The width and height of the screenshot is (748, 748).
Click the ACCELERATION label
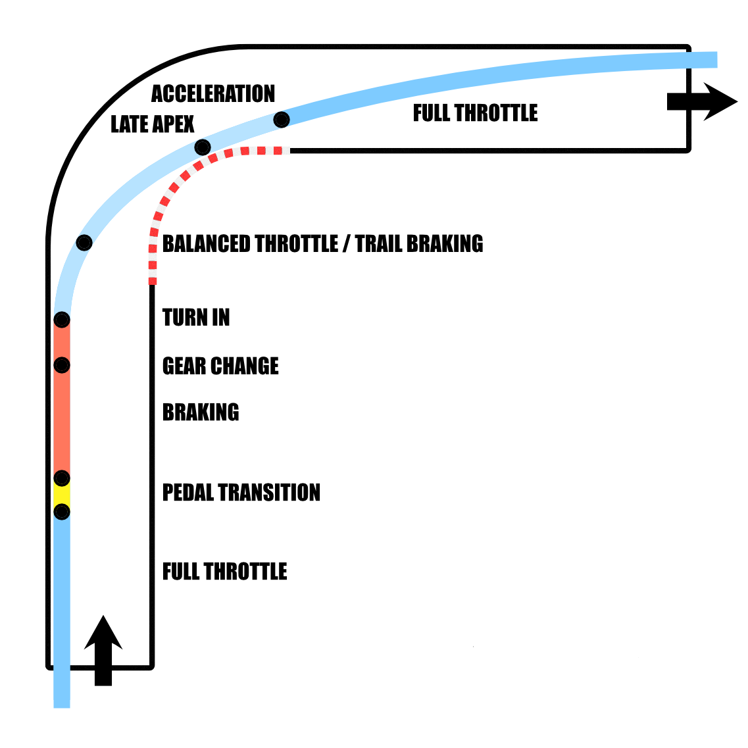point(212,94)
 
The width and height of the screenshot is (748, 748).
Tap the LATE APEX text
point(152,124)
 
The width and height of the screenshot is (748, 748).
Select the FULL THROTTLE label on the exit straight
point(475,113)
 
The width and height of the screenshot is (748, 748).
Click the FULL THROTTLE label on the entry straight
point(224,571)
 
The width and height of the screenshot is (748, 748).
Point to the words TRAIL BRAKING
point(419,243)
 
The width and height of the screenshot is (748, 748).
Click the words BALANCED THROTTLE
point(249,243)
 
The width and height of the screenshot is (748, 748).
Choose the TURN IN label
point(195,318)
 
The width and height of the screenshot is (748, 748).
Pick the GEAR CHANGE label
point(220,366)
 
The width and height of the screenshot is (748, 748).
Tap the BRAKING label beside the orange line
point(201,412)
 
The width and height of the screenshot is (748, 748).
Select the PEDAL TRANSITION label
point(241,492)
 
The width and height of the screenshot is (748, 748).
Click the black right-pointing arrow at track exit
point(702,102)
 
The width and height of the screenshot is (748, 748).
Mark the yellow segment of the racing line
point(62,495)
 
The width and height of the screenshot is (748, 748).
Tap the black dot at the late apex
point(203,147)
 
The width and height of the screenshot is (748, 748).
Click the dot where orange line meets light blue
point(62,320)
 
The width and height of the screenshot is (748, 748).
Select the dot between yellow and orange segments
point(62,478)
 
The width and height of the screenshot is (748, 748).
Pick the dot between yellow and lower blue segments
point(62,511)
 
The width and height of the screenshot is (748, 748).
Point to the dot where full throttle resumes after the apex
point(282,120)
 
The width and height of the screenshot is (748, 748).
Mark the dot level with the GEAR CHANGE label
point(62,364)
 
